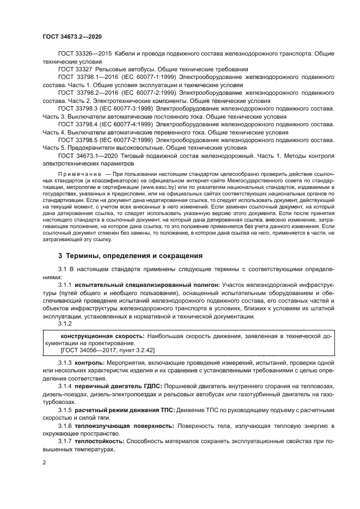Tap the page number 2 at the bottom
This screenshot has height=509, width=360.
45,463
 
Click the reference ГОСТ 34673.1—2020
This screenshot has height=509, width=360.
84,156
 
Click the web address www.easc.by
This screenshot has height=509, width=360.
158,187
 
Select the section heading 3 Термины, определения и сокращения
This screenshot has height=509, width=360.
130,255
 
